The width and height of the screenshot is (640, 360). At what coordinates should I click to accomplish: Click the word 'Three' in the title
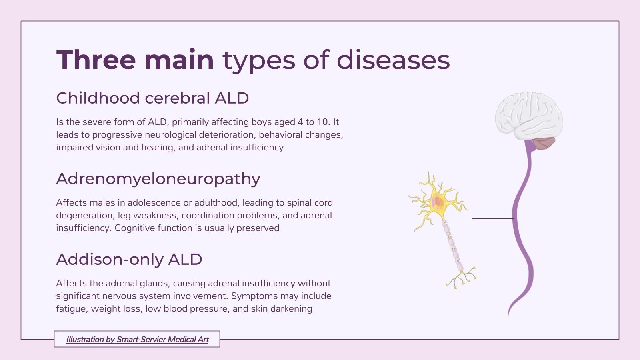pos(96,60)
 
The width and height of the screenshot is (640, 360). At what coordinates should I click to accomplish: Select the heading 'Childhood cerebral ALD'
pos(152,98)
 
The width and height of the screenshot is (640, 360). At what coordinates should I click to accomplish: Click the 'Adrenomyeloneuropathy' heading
pos(158,179)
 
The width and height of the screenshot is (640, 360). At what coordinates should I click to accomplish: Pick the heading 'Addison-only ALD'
pos(129,259)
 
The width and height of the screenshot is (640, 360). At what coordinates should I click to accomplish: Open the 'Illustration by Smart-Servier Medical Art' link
pos(137,339)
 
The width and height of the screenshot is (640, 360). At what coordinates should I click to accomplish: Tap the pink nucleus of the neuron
pos(437,201)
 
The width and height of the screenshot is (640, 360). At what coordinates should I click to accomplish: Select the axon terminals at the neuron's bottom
pos(462,278)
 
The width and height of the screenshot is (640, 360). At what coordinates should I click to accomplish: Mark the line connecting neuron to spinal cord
pos(492,218)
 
